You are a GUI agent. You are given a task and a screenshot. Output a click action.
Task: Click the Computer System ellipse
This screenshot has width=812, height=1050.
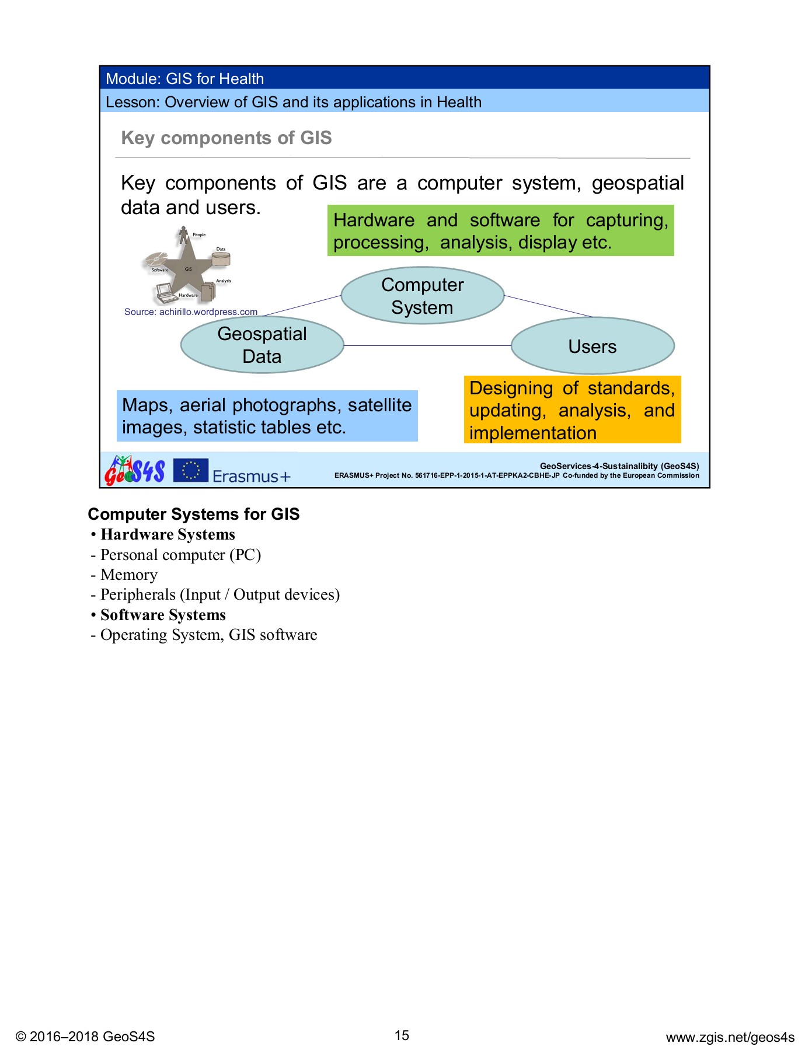pos(422,296)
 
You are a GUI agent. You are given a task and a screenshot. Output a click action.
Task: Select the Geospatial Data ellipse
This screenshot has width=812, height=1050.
pos(262,345)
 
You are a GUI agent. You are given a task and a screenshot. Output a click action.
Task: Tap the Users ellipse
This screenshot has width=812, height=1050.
pos(593,346)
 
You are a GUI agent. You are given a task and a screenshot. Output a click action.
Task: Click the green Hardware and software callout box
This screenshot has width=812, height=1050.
pos(500,230)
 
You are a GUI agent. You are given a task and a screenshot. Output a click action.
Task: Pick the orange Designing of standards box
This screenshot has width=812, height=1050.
pos(572,410)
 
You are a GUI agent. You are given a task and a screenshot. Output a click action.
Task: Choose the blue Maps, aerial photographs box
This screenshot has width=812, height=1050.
pos(267,416)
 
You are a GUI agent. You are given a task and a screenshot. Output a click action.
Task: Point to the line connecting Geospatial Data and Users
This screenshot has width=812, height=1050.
pos(427,346)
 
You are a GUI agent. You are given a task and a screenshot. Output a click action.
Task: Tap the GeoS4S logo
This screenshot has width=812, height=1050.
pos(135,470)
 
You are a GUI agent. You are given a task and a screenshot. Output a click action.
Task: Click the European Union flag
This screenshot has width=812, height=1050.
pos(190,470)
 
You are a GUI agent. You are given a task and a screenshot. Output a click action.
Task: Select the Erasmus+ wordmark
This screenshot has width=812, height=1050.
pos(251,476)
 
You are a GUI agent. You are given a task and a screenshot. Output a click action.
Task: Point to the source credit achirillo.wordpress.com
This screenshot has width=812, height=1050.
pos(191,312)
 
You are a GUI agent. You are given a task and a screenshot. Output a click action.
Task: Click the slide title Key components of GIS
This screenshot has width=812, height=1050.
pos(226,138)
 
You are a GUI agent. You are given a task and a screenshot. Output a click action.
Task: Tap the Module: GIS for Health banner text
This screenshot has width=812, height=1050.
pos(185,79)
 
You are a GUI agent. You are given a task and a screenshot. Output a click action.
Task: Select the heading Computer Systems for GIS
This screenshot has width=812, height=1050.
pos(194,514)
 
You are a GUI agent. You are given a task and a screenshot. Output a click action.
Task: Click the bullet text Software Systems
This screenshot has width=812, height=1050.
pos(163,615)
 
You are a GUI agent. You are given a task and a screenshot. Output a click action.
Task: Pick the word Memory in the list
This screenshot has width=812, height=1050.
pos(129,575)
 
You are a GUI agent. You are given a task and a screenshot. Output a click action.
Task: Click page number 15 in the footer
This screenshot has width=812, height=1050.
pos(402,1035)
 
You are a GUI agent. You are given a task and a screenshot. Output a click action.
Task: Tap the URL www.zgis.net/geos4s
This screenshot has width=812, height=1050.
pos(730,1037)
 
